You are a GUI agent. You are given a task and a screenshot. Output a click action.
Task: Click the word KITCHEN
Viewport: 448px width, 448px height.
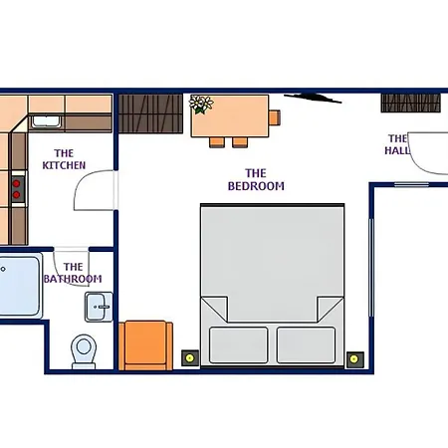64,165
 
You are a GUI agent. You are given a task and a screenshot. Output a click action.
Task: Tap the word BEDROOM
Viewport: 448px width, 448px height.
256,186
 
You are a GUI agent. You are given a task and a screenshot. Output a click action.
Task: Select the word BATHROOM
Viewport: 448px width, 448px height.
73,279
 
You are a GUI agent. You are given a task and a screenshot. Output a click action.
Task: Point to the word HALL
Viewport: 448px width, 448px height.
397,150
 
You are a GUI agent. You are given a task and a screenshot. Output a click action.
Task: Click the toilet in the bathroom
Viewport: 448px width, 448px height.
84,351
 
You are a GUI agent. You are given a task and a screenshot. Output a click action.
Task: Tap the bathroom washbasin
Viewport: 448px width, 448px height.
99,307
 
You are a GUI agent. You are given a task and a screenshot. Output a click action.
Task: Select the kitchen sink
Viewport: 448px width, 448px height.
46,121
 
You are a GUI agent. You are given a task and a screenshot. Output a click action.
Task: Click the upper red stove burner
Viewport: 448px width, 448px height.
16,183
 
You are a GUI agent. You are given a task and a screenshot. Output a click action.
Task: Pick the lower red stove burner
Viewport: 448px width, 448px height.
16,195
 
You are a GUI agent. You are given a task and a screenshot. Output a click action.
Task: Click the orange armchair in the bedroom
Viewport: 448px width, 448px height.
145,345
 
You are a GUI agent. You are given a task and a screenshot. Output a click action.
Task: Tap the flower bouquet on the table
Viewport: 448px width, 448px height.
201,105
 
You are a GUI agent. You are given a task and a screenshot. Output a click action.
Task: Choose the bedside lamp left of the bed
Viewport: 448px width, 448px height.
190,358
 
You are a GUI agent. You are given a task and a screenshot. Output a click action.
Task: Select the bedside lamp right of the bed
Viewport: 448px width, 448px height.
354,359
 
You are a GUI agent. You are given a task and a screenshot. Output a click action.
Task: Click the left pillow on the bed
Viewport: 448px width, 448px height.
239,345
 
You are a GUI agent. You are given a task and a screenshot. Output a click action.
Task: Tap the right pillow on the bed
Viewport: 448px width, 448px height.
306,345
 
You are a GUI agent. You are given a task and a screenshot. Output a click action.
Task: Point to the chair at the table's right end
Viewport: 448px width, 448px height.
275,117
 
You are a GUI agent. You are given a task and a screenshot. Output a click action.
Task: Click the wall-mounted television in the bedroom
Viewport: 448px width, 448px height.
313,99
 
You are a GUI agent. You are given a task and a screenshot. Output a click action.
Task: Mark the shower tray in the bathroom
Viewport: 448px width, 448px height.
19,286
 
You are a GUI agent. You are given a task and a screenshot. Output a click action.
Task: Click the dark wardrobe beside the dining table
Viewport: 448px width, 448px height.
150,113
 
